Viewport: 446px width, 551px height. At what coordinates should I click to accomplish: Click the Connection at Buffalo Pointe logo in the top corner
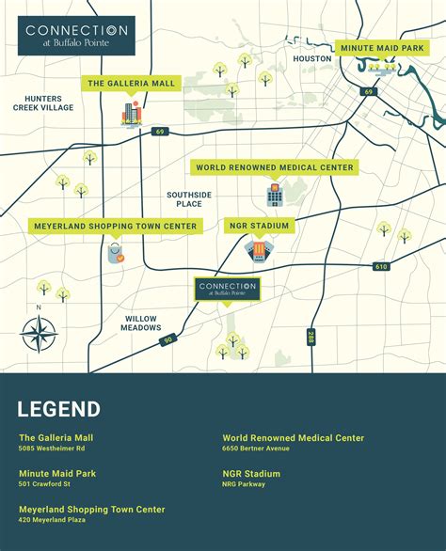point(80,36)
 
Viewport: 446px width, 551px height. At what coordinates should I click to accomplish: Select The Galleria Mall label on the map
point(131,84)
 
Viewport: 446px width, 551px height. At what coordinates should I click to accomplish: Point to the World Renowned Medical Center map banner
point(275,167)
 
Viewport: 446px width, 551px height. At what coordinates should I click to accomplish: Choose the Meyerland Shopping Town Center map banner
point(116,227)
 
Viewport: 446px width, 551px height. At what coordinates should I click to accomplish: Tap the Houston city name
point(312,58)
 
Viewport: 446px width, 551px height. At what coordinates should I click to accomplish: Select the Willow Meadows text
point(141,324)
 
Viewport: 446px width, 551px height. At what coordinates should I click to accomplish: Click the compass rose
point(39,333)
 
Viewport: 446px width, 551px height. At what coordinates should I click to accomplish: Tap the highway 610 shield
point(381,267)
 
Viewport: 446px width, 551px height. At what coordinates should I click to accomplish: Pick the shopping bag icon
point(116,253)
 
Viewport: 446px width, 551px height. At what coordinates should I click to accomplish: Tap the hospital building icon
point(274,195)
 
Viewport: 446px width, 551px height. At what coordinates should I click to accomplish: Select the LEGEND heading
point(58,409)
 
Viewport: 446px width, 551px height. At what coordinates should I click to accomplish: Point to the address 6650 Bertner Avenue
point(256,449)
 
